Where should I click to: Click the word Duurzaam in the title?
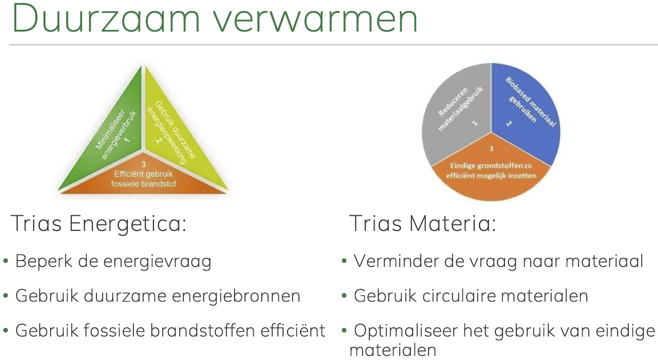(x=106, y=17)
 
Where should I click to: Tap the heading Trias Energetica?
(x=99, y=224)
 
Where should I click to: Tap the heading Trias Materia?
(x=423, y=223)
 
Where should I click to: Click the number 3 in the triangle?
(x=143, y=164)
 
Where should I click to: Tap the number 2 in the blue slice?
(x=509, y=123)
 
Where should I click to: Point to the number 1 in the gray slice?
(x=474, y=123)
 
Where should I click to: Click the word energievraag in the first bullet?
(x=157, y=262)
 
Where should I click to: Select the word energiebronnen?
(x=236, y=296)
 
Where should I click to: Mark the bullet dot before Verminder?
(x=344, y=261)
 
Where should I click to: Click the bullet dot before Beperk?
(x=6, y=261)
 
